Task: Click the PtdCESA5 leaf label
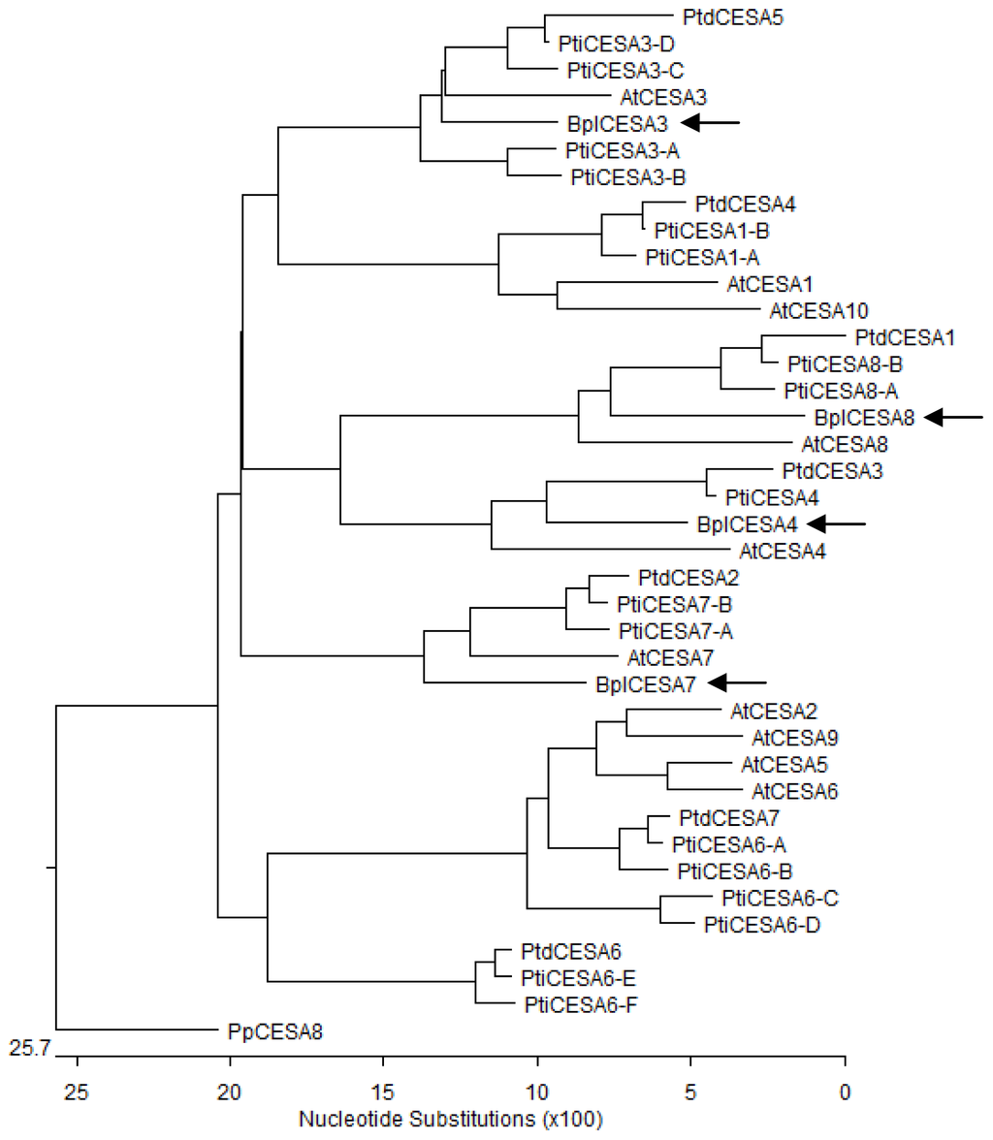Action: tap(722, 16)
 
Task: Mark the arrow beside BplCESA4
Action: tap(835, 524)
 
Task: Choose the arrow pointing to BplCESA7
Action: tap(736, 683)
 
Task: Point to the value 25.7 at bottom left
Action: tap(28, 1047)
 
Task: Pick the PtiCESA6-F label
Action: tap(573, 1003)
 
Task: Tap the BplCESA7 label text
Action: tap(643, 684)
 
